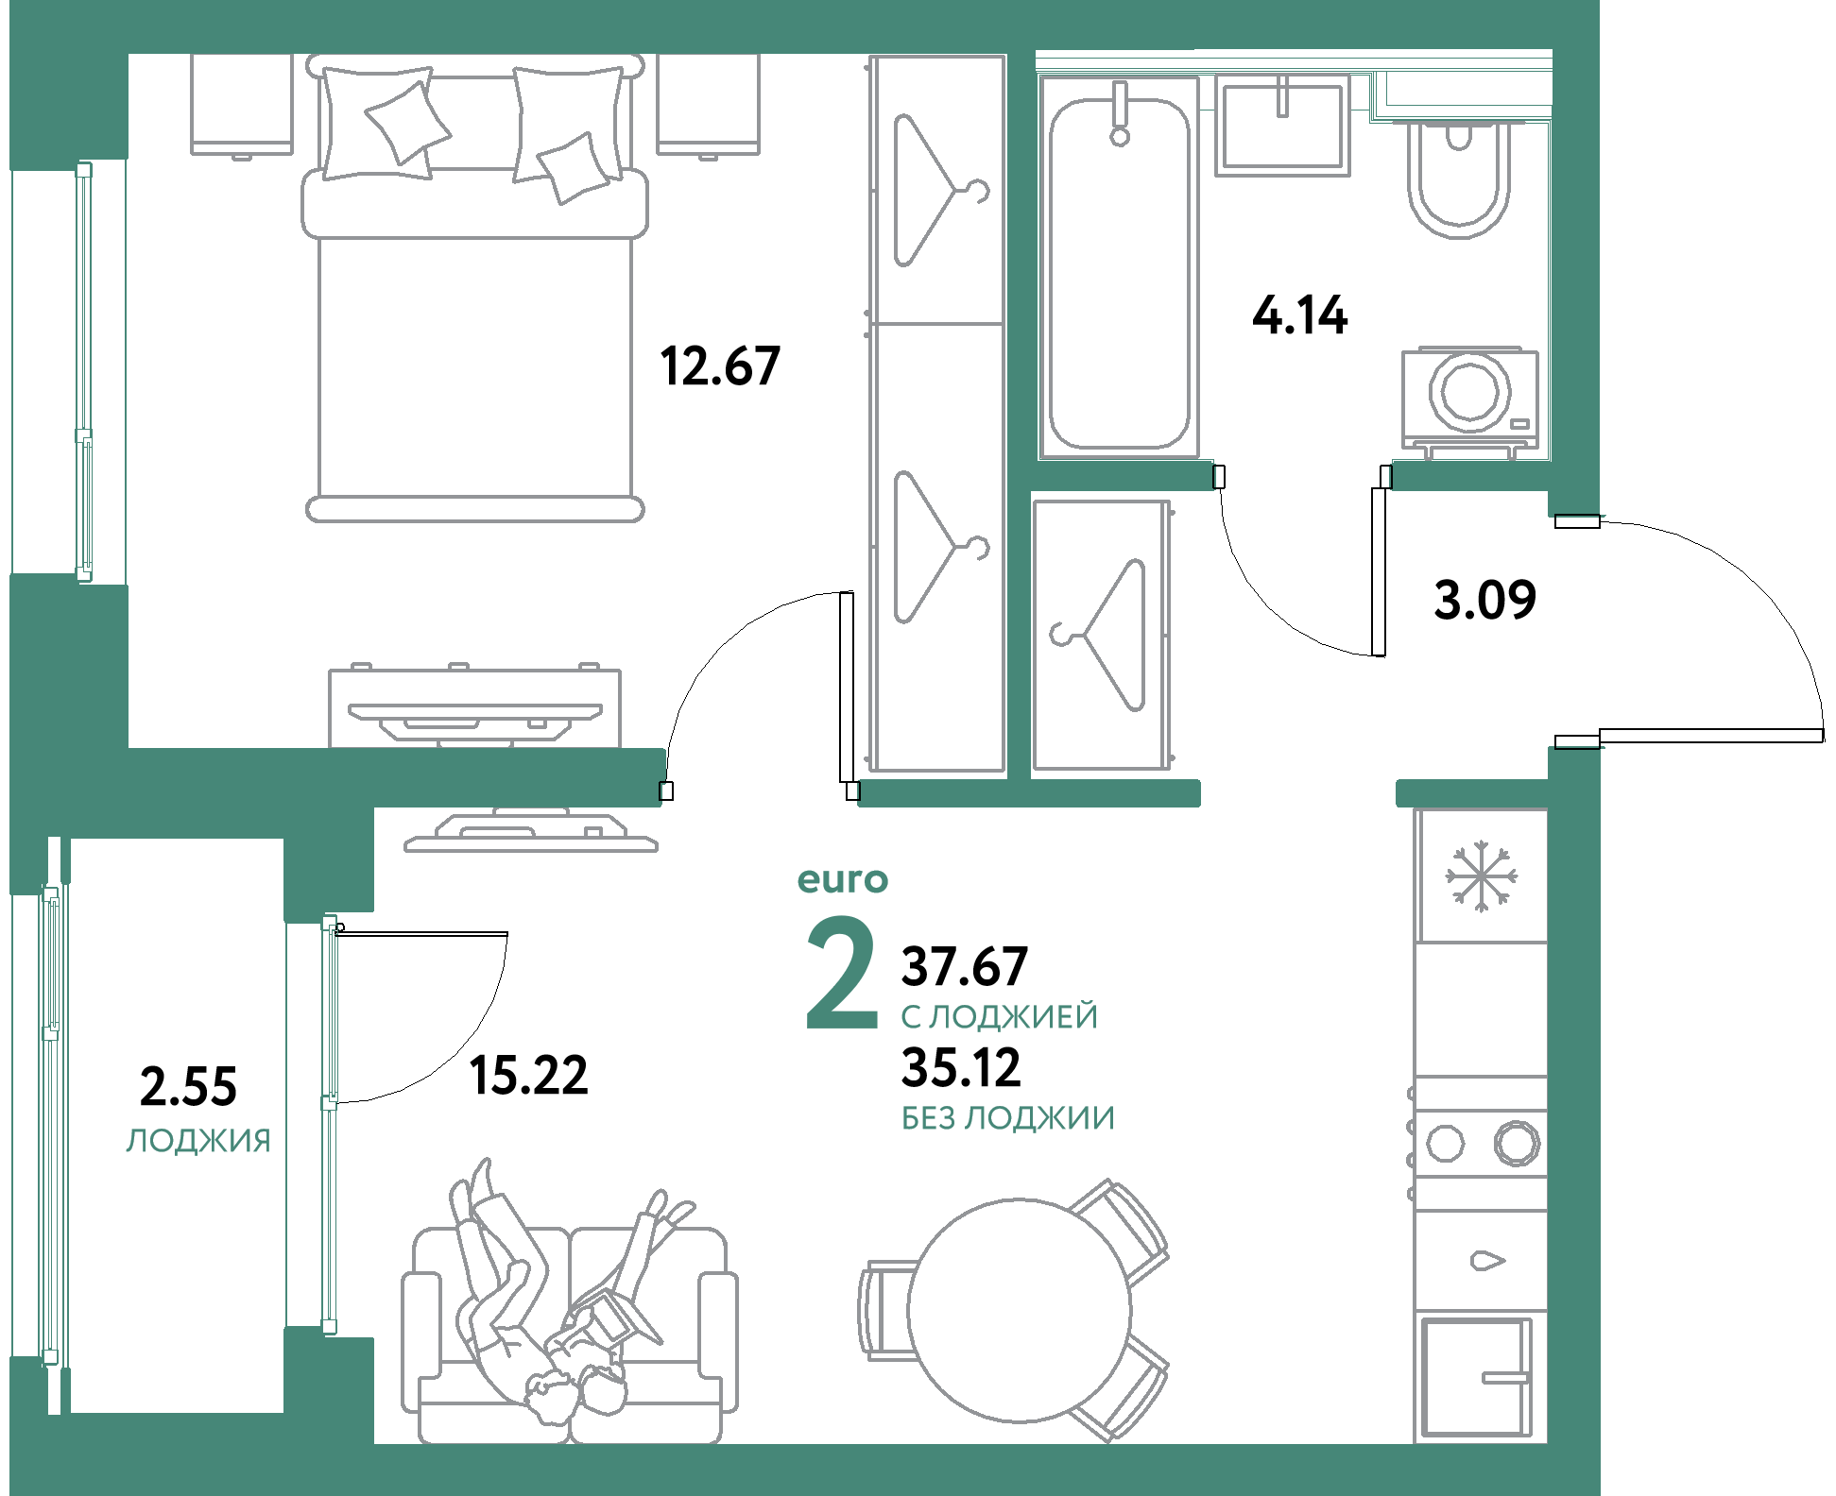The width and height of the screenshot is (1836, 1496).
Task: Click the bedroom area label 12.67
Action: pos(720,365)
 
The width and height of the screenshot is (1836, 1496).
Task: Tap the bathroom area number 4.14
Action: pos(1299,315)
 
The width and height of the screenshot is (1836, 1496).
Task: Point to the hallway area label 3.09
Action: pos(1484,600)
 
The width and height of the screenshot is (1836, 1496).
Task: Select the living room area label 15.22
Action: pos(528,1076)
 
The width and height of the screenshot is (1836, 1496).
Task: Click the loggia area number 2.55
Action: pos(188,1086)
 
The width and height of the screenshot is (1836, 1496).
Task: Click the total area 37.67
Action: pos(964,965)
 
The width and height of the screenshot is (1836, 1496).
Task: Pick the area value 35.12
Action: pos(961,1068)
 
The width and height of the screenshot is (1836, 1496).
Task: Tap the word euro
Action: pos(842,880)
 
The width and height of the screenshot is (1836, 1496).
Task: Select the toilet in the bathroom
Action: pos(1458,179)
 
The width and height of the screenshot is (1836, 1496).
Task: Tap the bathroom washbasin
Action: pos(1282,127)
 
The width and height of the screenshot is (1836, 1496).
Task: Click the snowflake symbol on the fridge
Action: pos(1481,876)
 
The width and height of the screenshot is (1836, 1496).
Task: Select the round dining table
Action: pos(1019,1310)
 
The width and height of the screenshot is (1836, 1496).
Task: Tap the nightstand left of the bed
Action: pos(241,104)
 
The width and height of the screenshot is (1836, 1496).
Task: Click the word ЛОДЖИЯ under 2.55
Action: pos(198,1141)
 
